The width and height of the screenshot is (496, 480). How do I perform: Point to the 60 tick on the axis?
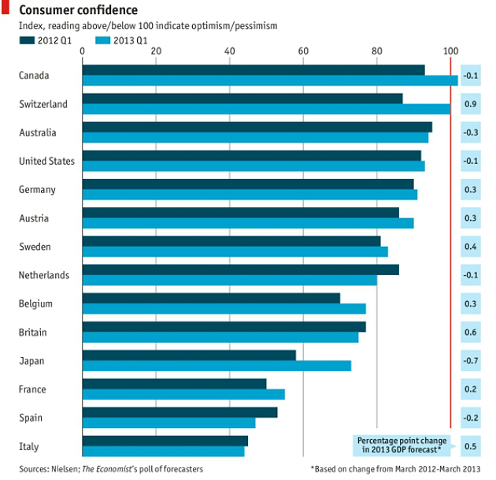coord(303,51)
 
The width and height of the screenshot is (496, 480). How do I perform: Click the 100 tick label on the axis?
coord(450,51)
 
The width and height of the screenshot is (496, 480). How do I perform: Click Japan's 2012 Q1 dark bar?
coord(189,355)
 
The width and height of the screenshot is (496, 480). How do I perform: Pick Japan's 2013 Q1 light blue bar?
coord(217,366)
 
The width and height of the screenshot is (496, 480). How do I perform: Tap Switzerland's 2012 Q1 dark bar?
coord(242,99)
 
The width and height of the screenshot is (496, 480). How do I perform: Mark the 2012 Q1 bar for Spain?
coord(180,412)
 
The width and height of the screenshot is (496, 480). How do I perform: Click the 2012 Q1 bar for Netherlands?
coord(240,270)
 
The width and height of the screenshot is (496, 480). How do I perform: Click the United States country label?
coord(46,162)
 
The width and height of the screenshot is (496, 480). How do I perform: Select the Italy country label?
coord(28,447)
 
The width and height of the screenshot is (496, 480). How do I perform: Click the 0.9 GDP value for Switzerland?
coord(471,104)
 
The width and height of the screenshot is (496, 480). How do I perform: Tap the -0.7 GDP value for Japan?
coord(471,361)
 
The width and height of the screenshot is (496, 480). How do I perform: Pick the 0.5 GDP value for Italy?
coord(471,447)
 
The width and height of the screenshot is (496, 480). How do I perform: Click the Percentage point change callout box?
coord(402,445)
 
